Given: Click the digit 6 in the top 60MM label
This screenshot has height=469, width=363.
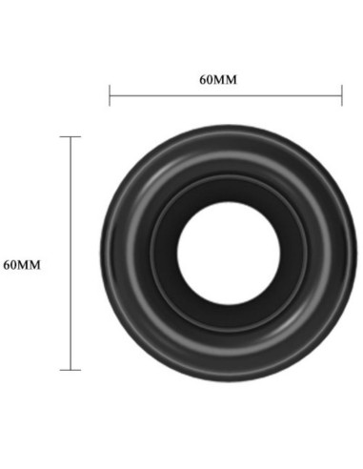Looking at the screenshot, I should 203,79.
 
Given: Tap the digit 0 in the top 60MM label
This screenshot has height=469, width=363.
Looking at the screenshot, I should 211,79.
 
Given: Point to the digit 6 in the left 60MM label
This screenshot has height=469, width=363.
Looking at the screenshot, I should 8,264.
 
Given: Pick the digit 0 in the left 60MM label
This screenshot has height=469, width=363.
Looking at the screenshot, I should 15,264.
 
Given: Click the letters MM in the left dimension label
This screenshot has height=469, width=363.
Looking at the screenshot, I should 30,264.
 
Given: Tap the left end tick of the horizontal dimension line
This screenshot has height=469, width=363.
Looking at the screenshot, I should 110,93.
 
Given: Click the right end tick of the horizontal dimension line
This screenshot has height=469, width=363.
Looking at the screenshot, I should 341,93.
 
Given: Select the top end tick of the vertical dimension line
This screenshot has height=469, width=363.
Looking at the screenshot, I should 71,137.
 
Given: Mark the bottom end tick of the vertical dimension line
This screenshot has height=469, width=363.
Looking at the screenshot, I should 71,369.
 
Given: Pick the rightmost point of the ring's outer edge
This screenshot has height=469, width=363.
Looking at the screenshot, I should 344,254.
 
